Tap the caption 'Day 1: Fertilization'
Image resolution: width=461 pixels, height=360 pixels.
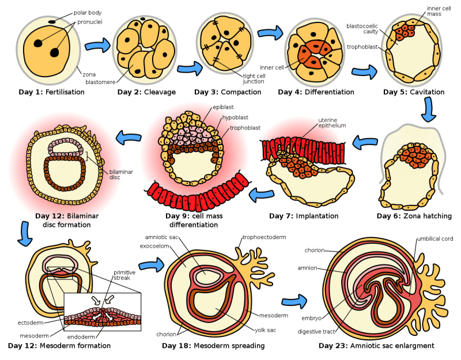tap(51, 92)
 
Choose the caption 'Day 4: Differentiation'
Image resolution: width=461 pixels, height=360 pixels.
tap(316, 92)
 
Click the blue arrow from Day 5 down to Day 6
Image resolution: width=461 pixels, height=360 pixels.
tap(428, 109)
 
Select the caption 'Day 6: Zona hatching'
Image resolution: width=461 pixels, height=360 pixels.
tap(414, 216)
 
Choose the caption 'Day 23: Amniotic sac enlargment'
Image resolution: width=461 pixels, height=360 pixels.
tap(376, 346)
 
